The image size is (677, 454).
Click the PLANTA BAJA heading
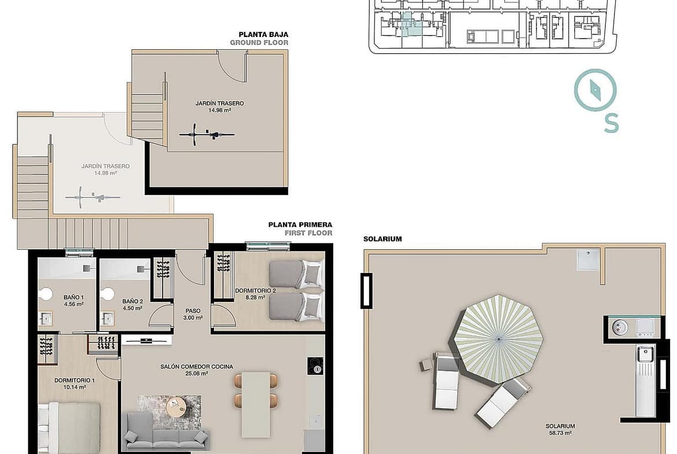coord(263,35)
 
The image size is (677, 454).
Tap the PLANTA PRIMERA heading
coord(300,224)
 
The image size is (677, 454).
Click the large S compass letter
coord(611,123)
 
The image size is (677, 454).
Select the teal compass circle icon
coord(595,91)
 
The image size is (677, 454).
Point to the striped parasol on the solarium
coord(499,339)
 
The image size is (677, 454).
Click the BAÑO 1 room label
coord(73,300)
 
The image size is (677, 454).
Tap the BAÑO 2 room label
coord(132,305)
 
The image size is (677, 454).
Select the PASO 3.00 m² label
coord(193,313)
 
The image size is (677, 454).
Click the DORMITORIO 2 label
coord(255,293)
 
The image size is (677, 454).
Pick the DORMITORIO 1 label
coord(74,383)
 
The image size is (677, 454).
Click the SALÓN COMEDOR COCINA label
coord(197,370)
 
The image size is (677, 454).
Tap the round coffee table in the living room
coord(176,407)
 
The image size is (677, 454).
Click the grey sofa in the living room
coord(166,433)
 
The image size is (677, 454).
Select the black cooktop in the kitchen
coord(315,366)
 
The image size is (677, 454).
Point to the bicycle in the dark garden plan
coord(207,135)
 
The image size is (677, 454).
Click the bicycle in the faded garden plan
coord(93,198)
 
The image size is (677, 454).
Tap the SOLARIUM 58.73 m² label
coord(560,429)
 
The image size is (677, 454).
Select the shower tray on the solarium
coord(588,259)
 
